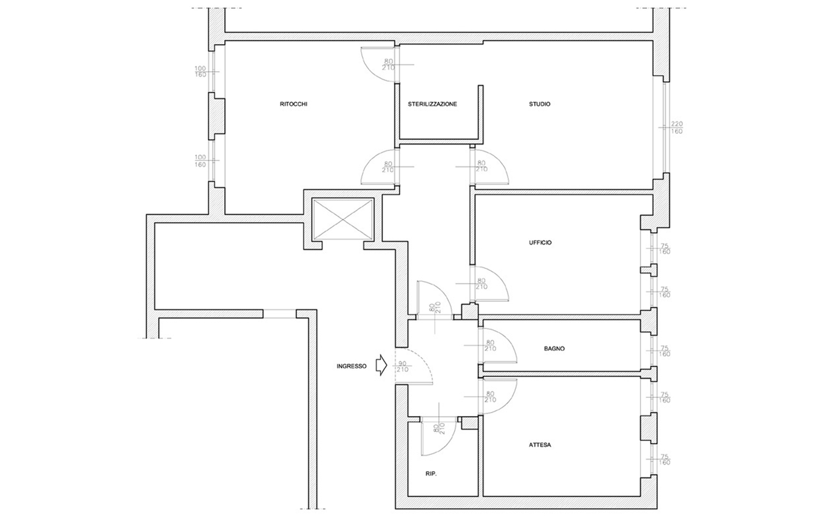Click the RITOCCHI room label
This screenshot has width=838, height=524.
[294, 104]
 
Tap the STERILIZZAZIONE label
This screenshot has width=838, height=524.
[433, 104]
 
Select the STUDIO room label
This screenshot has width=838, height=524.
[539, 104]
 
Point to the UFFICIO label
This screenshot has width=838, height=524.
[540, 243]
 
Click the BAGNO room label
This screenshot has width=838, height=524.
[555, 348]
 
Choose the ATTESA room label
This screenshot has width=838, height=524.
[540, 445]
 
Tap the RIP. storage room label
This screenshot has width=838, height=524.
[431, 474]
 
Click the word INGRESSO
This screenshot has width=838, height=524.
[351, 366]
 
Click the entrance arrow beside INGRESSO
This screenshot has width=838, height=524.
[381, 365]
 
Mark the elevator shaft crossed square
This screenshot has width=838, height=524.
[343, 220]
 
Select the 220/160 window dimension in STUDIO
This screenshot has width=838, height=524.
[676, 128]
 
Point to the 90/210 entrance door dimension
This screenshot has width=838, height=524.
[403, 366]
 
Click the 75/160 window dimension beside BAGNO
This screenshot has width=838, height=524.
[665, 351]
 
